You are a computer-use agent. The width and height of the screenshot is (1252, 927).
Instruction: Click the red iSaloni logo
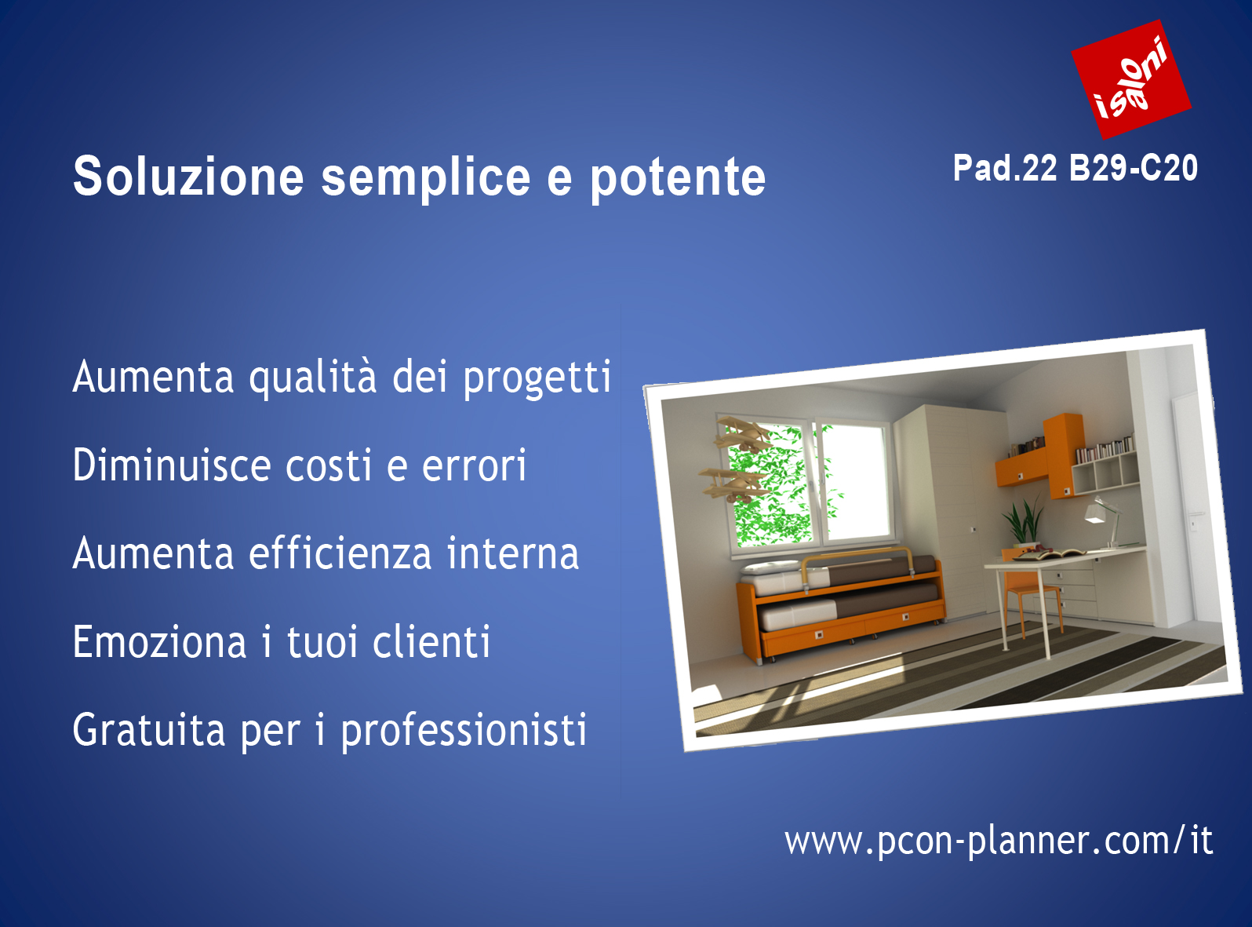(x=1131, y=79)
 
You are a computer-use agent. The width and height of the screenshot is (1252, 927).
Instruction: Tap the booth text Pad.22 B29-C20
(x=1075, y=168)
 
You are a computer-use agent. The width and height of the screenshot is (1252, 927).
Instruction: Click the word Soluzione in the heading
(x=188, y=177)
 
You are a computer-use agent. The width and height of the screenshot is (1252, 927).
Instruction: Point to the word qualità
(x=312, y=378)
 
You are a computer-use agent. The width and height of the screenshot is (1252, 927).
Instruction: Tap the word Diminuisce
(x=172, y=465)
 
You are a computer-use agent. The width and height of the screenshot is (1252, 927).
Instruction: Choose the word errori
(x=474, y=465)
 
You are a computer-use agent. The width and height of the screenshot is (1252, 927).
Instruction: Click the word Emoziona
(x=160, y=641)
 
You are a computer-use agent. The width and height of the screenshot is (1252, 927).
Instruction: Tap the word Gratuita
(x=149, y=729)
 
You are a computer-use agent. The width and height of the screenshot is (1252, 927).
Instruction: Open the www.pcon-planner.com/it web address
(x=999, y=841)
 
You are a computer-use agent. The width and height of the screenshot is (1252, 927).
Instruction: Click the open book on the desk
(x=1048, y=556)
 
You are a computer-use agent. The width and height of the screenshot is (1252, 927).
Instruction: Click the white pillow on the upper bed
(x=770, y=567)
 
